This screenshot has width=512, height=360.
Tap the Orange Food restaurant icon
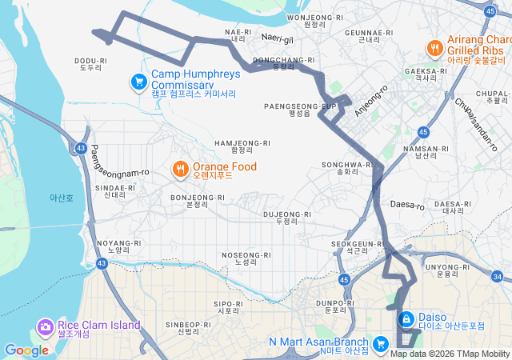pos(181,169)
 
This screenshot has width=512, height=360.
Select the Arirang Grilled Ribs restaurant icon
pos(435,48)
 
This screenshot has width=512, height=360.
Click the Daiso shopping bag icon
pos(406,319)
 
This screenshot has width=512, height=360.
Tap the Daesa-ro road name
pos(406,206)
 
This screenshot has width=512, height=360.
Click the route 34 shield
pos(497,277)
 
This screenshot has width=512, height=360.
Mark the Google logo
pos(26,350)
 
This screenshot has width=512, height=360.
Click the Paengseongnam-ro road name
pos(120,161)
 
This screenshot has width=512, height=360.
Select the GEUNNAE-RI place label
pos(368,34)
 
